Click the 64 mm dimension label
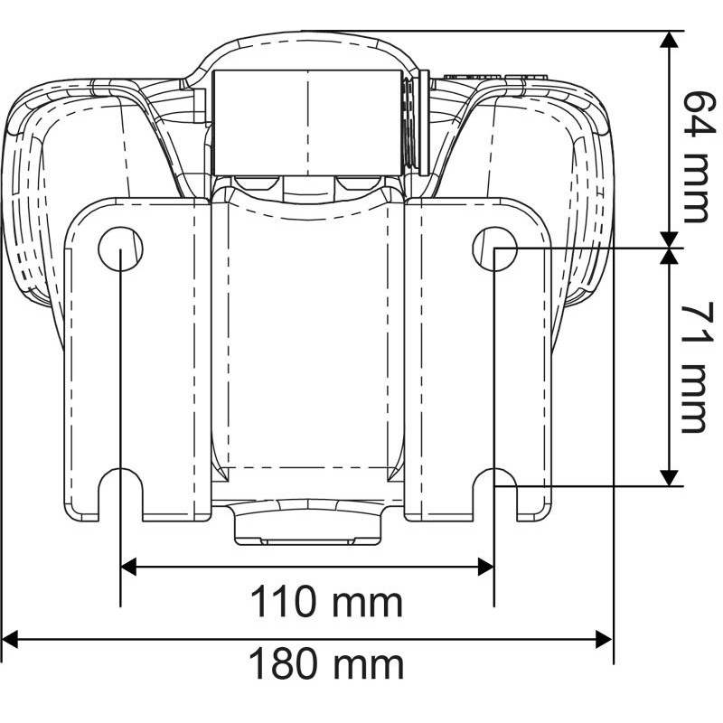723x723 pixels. [x=695, y=156]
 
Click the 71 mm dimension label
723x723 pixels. [x=694, y=368]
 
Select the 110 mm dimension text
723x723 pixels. [x=326, y=602]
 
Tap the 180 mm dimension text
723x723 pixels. [x=326, y=663]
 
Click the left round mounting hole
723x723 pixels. [x=121, y=249]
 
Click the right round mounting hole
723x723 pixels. [x=494, y=249]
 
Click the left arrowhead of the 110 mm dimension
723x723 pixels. [x=128, y=567]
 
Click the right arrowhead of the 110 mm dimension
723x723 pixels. [x=486, y=567]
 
